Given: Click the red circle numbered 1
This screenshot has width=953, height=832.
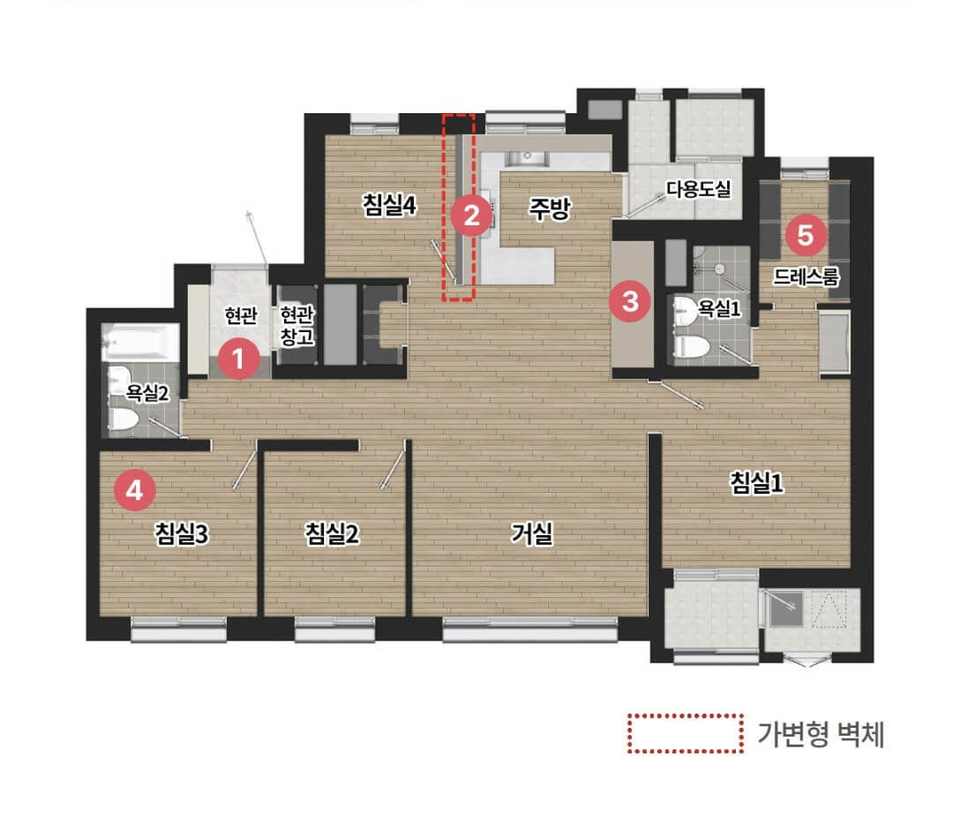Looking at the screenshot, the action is pyautogui.click(x=239, y=359).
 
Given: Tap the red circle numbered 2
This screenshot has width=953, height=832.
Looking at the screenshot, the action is pyautogui.click(x=471, y=215).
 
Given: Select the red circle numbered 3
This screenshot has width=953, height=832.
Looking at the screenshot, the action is pyautogui.click(x=631, y=300).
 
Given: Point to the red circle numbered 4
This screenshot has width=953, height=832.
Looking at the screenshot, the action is pyautogui.click(x=135, y=489).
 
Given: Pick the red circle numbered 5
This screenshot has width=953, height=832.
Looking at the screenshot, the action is pyautogui.click(x=806, y=235).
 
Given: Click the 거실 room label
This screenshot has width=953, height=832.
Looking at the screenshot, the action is pyautogui.click(x=532, y=534).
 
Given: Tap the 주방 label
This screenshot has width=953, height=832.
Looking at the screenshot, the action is pyautogui.click(x=550, y=208).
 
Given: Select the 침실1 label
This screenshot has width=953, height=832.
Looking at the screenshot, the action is pyautogui.click(x=756, y=483).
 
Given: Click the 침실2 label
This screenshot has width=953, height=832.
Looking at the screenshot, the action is pyautogui.click(x=332, y=534).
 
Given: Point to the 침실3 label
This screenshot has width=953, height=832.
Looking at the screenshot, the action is pyautogui.click(x=181, y=534).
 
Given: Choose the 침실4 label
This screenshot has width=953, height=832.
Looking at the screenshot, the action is pyautogui.click(x=389, y=205).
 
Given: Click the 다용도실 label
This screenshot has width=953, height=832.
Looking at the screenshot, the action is pyautogui.click(x=699, y=189).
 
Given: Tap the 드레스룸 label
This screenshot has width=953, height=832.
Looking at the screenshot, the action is pyautogui.click(x=806, y=276).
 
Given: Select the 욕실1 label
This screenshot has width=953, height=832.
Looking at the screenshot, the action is pyautogui.click(x=720, y=309).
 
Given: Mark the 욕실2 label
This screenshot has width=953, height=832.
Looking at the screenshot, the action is pyautogui.click(x=147, y=394).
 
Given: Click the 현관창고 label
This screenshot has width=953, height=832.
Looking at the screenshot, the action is pyautogui.click(x=297, y=325).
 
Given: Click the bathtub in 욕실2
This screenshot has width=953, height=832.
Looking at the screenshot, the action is pyautogui.click(x=140, y=343).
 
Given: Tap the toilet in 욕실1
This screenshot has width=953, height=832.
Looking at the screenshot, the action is pyautogui.click(x=692, y=346).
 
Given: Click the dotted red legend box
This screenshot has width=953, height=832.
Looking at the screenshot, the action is pyautogui.click(x=686, y=733).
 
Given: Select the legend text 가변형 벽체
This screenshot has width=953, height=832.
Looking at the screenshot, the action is pyautogui.click(x=821, y=734).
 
